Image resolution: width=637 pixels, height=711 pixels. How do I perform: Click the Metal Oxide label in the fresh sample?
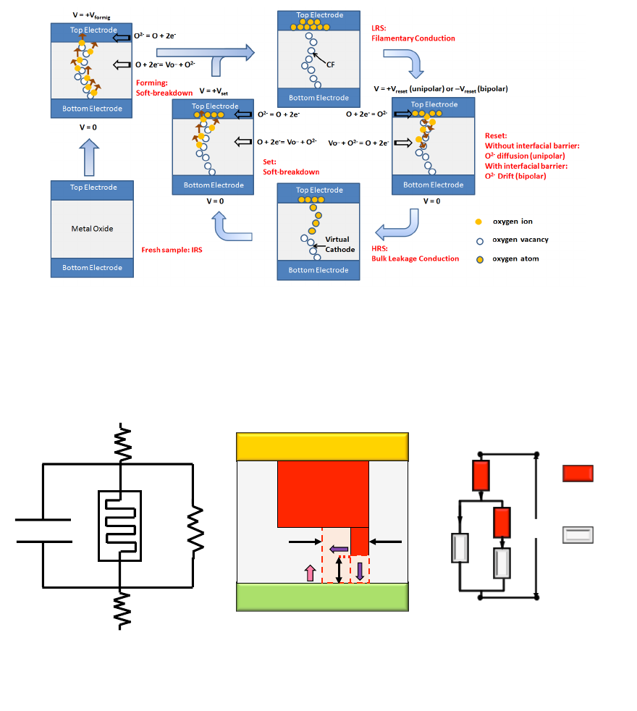click(92, 229)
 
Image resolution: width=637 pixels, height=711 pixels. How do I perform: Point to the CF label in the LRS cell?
click(330, 64)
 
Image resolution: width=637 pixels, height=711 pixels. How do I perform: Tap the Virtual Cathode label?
click(337, 244)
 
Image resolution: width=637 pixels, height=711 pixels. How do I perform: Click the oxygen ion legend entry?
click(512, 222)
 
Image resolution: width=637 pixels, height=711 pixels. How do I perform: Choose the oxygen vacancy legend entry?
click(520, 240)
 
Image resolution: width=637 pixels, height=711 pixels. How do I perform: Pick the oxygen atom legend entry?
click(515, 258)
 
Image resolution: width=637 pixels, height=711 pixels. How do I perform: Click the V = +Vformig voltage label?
click(91, 14)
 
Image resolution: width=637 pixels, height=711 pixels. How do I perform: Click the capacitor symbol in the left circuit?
click(43, 530)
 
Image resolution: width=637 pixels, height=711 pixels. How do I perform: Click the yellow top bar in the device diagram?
click(322, 446)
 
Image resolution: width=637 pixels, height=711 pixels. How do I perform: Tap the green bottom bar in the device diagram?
click(322, 598)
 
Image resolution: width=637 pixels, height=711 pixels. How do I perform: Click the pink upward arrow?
click(311, 573)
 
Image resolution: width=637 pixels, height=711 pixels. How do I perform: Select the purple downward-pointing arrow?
click(360, 571)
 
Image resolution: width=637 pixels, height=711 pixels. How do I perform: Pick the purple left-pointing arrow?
click(339, 550)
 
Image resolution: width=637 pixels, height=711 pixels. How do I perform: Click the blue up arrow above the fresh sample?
click(92, 157)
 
